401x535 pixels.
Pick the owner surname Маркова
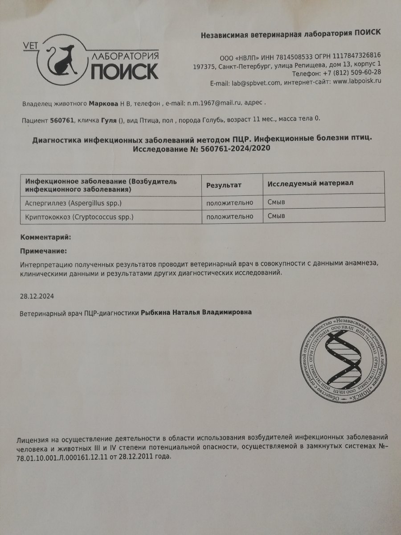[x=103, y=103]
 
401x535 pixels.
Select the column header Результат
[x=223, y=184]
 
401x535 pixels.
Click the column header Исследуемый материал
[x=310, y=183]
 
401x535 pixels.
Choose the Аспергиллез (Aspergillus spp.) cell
[x=73, y=203]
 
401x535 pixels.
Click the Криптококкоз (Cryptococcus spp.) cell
[x=79, y=217]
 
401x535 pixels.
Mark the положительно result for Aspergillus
[x=229, y=202]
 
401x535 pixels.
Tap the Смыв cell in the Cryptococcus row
[x=276, y=217]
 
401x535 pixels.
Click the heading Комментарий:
[x=46, y=238]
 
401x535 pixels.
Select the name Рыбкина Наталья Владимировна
[x=196, y=313]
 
